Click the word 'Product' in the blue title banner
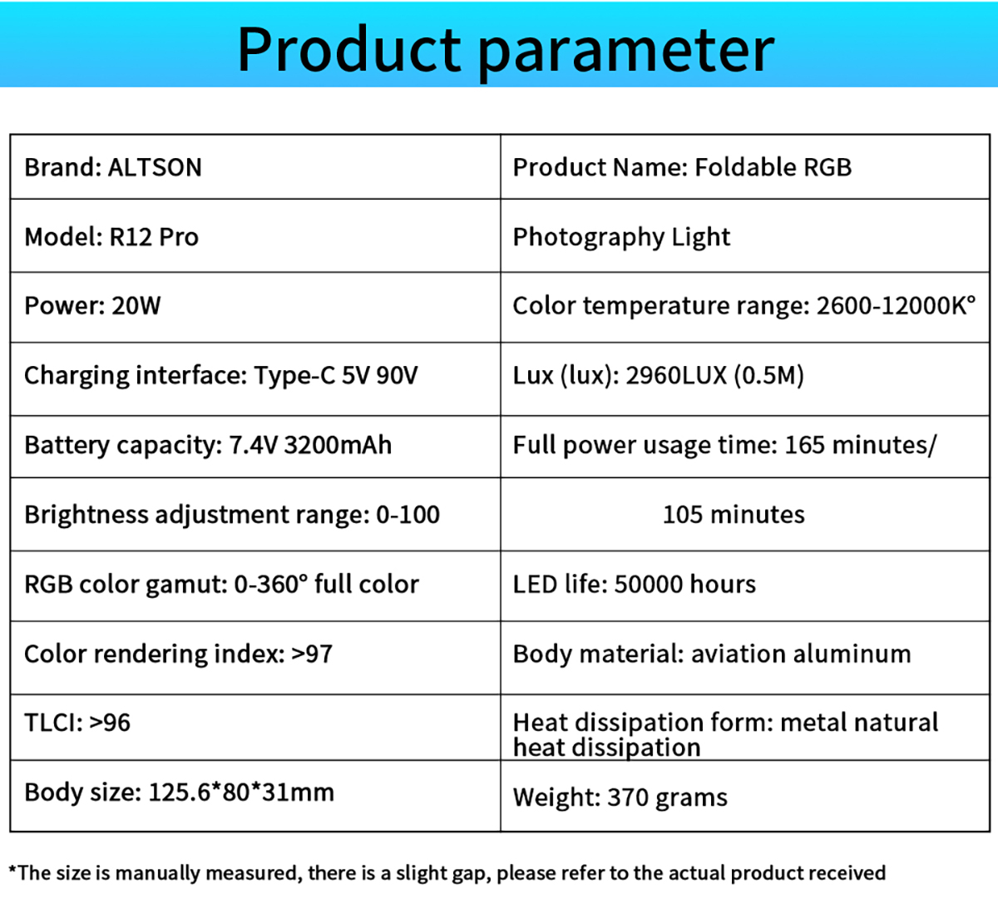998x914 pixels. click(x=349, y=49)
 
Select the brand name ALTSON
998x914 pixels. click(x=155, y=167)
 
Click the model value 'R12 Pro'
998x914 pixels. click(x=154, y=237)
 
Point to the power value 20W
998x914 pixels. click(x=136, y=305)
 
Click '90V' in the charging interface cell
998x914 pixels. click(x=397, y=375)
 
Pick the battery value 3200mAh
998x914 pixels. click(x=338, y=445)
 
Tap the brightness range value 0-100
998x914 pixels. click(x=408, y=515)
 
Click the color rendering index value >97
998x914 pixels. click(x=312, y=654)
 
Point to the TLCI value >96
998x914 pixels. click(x=110, y=723)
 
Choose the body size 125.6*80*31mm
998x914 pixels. click(x=241, y=792)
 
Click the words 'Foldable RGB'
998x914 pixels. click(x=773, y=167)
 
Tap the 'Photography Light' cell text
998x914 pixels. click(x=621, y=238)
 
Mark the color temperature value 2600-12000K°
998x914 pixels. click(x=896, y=305)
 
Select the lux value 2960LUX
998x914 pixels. click(x=676, y=375)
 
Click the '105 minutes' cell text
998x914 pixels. click(x=734, y=515)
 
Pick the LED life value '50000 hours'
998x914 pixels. click(x=685, y=584)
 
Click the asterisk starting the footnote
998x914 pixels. click(x=12, y=870)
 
